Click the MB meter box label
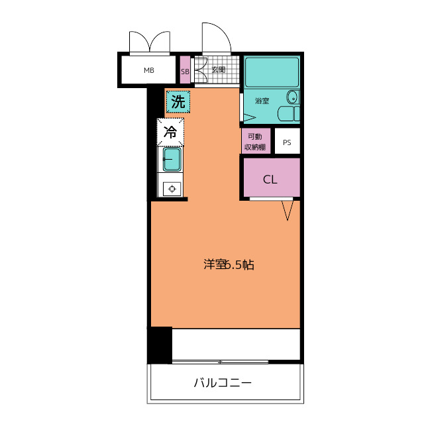tap(149, 70)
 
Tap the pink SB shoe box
tap(185, 70)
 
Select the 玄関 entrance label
tap(218, 70)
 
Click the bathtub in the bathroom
tap(272, 72)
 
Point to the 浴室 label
tap(262, 101)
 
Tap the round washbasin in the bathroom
tap(292, 97)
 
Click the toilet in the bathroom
tap(289, 113)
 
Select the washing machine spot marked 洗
tap(178, 102)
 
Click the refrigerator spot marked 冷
tap(170, 132)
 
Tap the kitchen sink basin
tap(172, 160)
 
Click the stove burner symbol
tap(172, 189)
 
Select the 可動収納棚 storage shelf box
tap(256, 141)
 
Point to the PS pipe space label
tap(287, 142)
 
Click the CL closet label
tap(270, 180)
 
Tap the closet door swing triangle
tap(287, 210)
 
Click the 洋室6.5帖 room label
tap(229, 265)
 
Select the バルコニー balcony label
tap(223, 383)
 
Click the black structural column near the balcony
tap(160, 345)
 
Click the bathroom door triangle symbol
tap(250, 118)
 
